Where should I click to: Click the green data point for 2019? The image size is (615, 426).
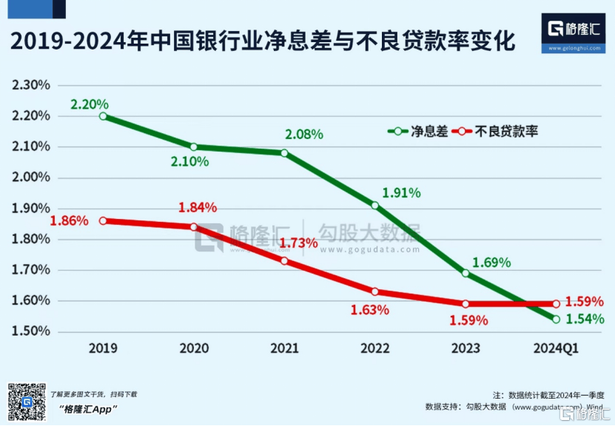(103, 116)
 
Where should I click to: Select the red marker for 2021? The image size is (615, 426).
(284, 260)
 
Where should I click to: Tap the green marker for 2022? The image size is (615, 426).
(375, 205)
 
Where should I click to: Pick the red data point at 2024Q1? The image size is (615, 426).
(557, 303)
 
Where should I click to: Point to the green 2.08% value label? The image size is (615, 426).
(304, 135)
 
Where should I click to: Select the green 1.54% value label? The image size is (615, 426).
(585, 319)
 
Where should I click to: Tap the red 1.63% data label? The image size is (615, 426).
(370, 310)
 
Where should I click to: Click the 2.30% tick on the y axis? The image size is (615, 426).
(31, 85)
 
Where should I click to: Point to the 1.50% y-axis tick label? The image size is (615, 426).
(31, 331)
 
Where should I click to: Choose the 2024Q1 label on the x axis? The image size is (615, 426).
(557, 348)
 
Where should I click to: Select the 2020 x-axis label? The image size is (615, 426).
(194, 348)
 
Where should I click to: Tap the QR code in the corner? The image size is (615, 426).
(26, 400)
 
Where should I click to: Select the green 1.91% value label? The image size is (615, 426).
(401, 193)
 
